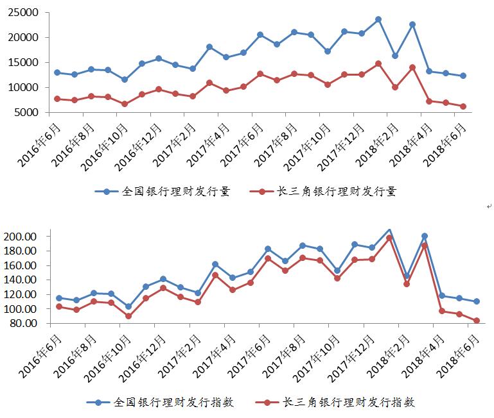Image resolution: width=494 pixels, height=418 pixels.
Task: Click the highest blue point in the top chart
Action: click(378, 19)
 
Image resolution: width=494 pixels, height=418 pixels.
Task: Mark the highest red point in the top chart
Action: click(378, 63)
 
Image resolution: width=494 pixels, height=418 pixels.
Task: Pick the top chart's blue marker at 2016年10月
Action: click(125, 79)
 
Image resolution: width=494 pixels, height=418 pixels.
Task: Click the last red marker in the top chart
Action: click(463, 106)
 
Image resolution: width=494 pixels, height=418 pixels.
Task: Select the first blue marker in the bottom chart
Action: click(59, 298)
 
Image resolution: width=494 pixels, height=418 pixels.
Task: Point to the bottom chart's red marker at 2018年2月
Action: click(406, 283)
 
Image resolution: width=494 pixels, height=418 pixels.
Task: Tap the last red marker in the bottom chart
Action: click(476, 321)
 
